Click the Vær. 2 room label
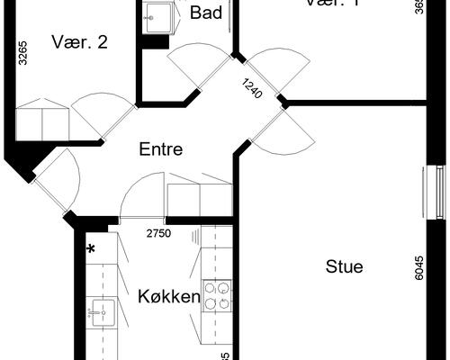(x=80, y=41)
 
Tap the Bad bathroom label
(x=206, y=13)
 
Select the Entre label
(x=161, y=149)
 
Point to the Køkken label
(x=168, y=295)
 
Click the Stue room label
(x=344, y=266)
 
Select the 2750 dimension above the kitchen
(x=158, y=234)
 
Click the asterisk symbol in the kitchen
(x=91, y=249)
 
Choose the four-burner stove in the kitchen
(x=219, y=296)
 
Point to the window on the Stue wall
(x=431, y=191)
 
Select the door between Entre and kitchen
(x=141, y=199)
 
